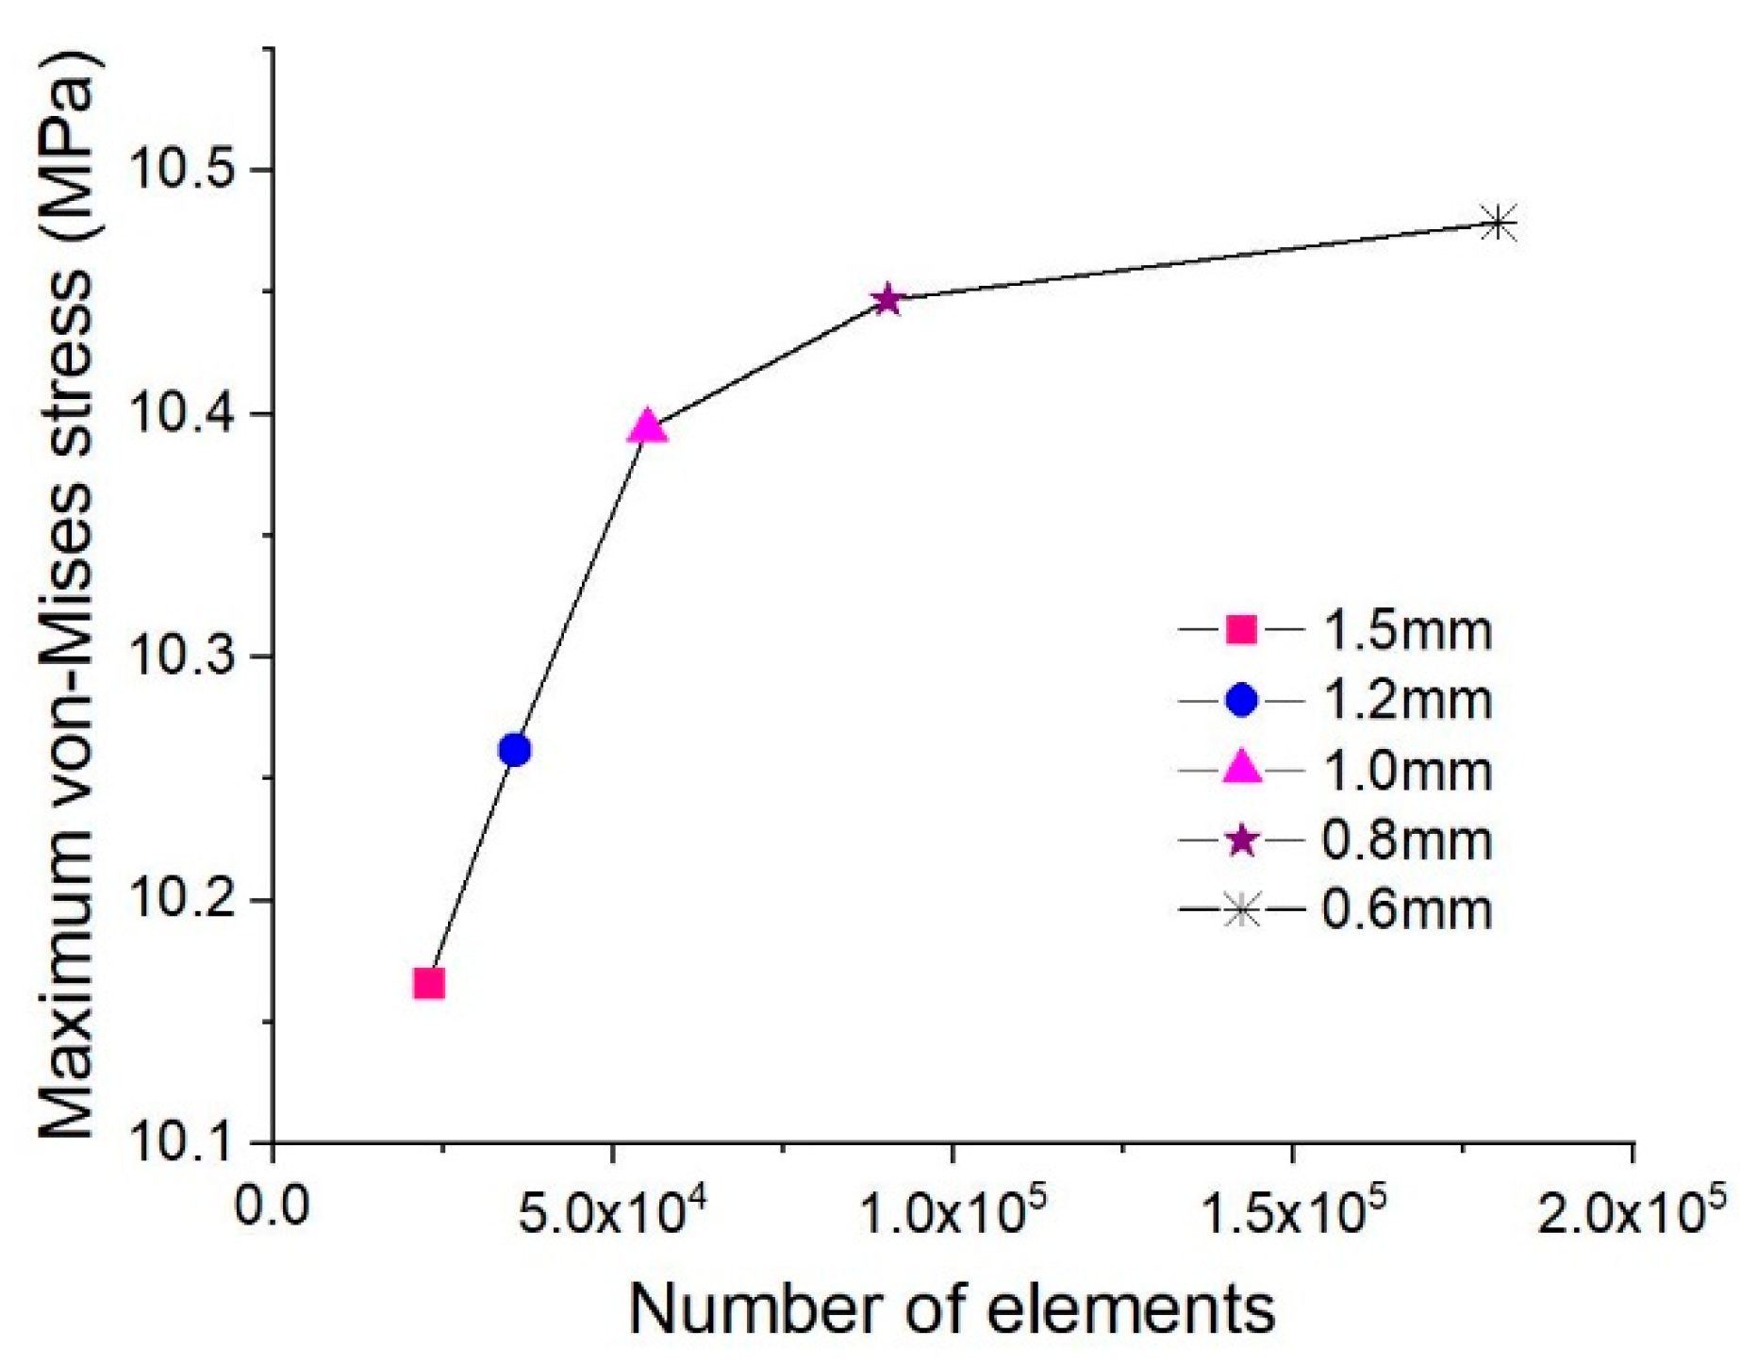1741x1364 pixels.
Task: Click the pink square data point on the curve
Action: [429, 984]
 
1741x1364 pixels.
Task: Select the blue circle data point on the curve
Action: [514, 750]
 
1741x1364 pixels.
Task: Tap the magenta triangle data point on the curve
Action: [647, 427]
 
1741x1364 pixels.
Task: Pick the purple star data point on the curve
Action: [887, 300]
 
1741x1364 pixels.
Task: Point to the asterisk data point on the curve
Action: [1498, 224]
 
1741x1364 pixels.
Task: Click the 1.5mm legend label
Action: [1406, 630]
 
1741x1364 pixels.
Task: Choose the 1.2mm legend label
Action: [1406, 700]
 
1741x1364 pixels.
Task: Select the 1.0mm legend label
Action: [1406, 770]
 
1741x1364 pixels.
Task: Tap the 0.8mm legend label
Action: [1406, 840]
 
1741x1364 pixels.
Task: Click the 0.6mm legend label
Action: [1406, 910]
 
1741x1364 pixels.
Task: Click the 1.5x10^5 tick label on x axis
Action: [1292, 1209]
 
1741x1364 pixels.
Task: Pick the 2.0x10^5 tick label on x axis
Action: [1632, 1209]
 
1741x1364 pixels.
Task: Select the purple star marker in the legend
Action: [1241, 840]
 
